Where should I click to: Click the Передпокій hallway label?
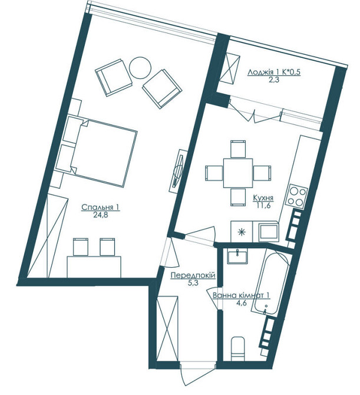[x=192, y=276]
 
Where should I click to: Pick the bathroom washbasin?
[x=239, y=256]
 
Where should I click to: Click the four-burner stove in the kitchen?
[x=297, y=196]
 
